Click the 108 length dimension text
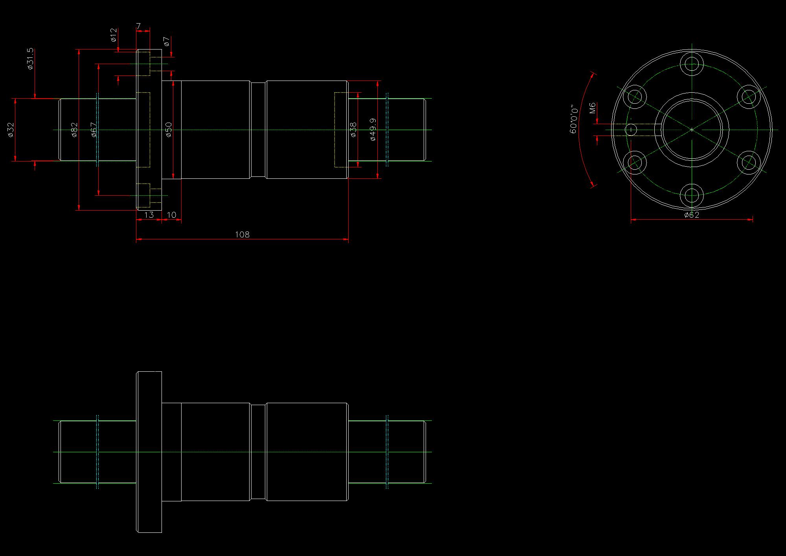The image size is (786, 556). coord(242,235)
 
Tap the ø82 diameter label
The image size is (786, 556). coord(74,130)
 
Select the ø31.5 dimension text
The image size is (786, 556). coord(30,59)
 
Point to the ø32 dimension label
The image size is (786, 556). coord(11,130)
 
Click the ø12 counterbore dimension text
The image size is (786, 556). coord(113,35)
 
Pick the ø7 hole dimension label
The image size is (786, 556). coord(167,41)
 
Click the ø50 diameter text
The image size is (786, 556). coord(169,130)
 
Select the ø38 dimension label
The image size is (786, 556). coord(353,130)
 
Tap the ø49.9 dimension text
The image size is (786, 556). coord(373,130)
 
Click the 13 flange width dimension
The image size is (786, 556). coord(149,215)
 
